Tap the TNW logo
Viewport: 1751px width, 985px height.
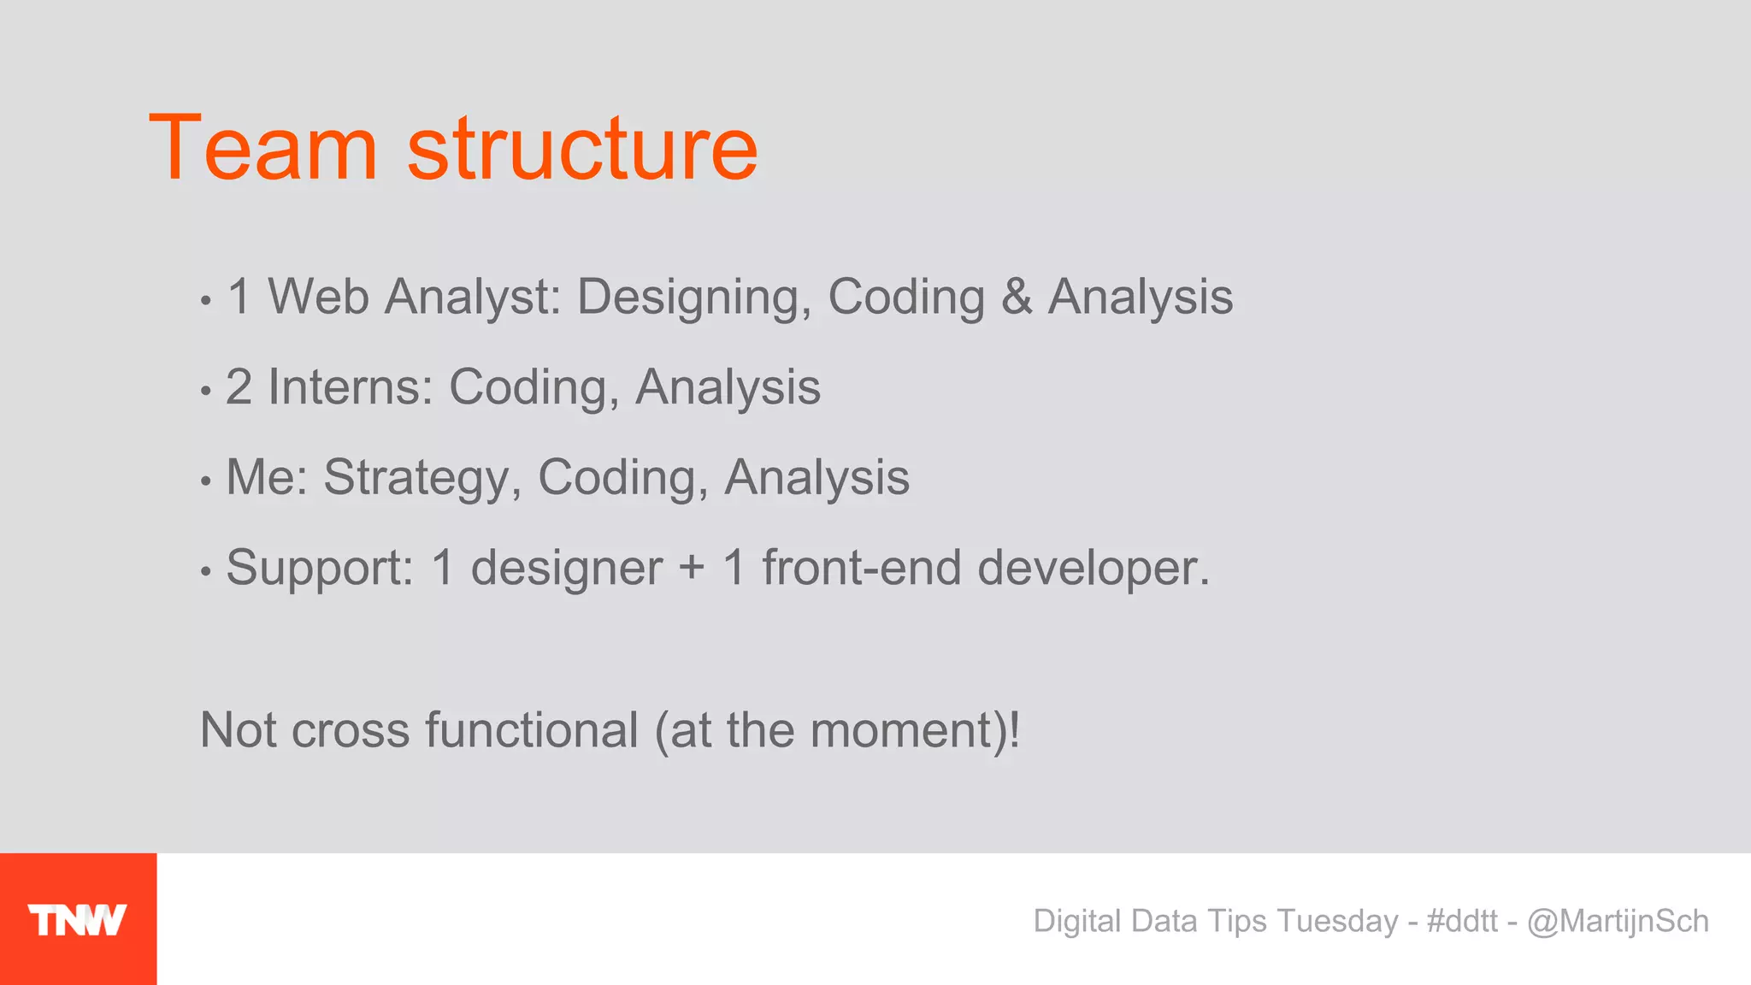78,920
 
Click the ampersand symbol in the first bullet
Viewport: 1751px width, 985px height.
1016,297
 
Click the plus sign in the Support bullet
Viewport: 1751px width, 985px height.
692,569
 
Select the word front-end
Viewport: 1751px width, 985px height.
861,568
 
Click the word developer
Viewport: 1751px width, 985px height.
1094,569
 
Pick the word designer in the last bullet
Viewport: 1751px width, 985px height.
566,569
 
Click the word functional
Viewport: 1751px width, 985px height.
531,730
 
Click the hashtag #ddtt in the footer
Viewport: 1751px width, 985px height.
1462,921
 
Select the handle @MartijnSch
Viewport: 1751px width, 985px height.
1618,921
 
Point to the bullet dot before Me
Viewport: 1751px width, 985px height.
205,481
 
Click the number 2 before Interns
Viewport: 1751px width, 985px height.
239,387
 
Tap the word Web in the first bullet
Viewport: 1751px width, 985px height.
318,297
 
